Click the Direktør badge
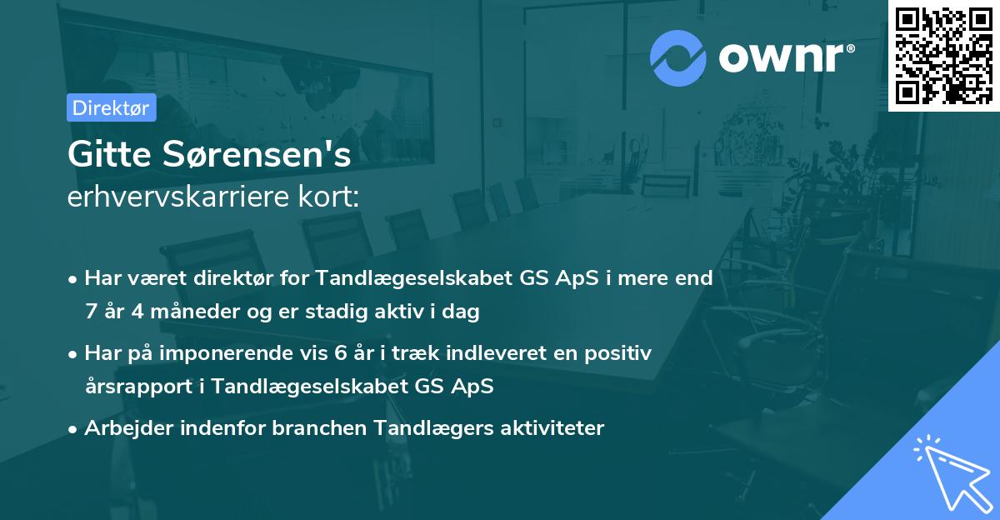coord(111,107)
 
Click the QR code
coord(943,54)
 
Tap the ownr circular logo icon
coord(677,57)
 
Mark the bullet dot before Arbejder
coord(74,429)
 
